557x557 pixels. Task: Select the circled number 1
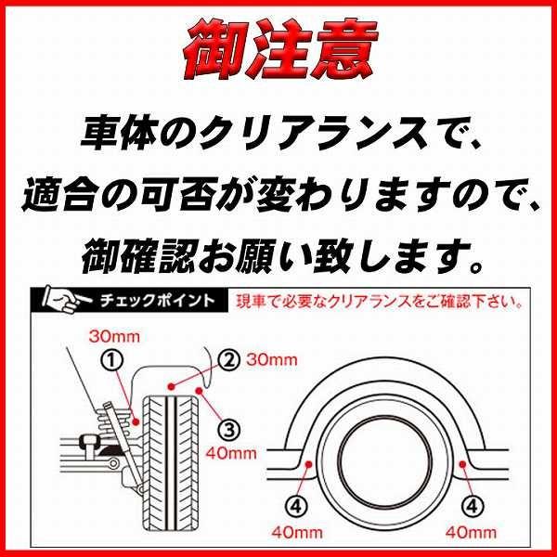[112, 359]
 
